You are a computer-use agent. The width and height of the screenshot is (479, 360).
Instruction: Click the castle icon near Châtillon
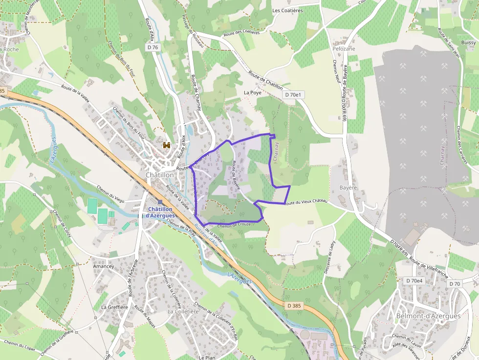[167, 145]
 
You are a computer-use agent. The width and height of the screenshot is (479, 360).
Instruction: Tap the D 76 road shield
[152, 47]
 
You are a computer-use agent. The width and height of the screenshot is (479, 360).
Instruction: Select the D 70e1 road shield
[293, 95]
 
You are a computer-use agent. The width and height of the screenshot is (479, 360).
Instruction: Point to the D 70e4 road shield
[414, 281]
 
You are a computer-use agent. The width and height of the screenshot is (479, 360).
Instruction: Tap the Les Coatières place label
[287, 10]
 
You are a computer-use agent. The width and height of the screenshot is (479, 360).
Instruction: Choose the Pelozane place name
[344, 49]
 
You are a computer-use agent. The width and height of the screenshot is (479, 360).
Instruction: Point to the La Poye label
[252, 92]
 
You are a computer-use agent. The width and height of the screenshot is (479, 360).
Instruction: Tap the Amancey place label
[103, 266]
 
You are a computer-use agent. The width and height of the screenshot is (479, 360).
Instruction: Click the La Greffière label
[114, 307]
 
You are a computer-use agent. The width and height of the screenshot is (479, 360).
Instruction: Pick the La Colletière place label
[183, 311]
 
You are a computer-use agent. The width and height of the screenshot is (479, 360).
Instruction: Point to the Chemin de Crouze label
[234, 225]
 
